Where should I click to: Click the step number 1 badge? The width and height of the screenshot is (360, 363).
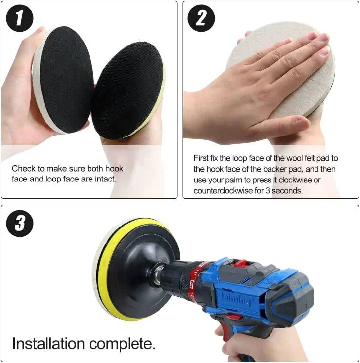click(x=20, y=19)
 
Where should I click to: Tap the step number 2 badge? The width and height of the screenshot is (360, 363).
click(x=201, y=19)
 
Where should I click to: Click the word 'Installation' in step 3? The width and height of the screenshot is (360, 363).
click(x=50, y=343)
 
